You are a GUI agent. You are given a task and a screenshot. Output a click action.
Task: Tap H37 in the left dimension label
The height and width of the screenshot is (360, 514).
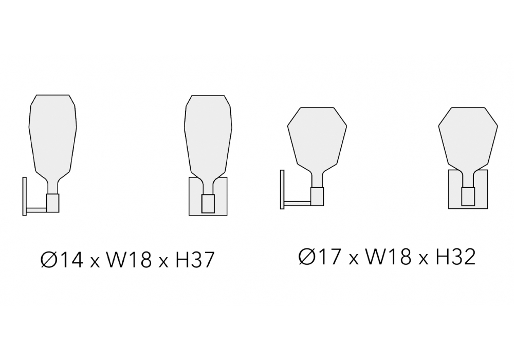[195, 260]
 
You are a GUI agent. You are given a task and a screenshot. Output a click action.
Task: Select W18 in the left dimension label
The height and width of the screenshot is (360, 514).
[129, 260]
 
